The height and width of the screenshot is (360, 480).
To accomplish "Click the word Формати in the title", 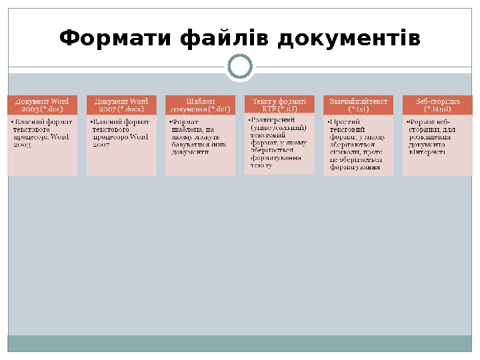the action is [116, 38].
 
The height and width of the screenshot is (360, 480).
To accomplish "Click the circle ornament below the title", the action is [240, 67].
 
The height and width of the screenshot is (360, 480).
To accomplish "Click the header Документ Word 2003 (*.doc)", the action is [43, 105].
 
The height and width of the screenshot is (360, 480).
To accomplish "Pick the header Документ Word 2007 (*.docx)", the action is [122, 105].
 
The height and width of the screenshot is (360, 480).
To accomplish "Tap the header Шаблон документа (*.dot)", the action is [201, 105].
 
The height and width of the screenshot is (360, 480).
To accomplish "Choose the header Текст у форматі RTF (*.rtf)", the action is [279, 105].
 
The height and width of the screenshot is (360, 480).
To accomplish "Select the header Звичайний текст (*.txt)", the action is [359, 105].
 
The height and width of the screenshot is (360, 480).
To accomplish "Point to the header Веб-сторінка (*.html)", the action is [437, 105].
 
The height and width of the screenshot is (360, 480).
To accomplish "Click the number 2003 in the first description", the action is [23, 144].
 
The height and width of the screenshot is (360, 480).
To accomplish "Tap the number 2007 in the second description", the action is [101, 144].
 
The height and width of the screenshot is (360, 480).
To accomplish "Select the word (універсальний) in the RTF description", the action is [279, 127].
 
